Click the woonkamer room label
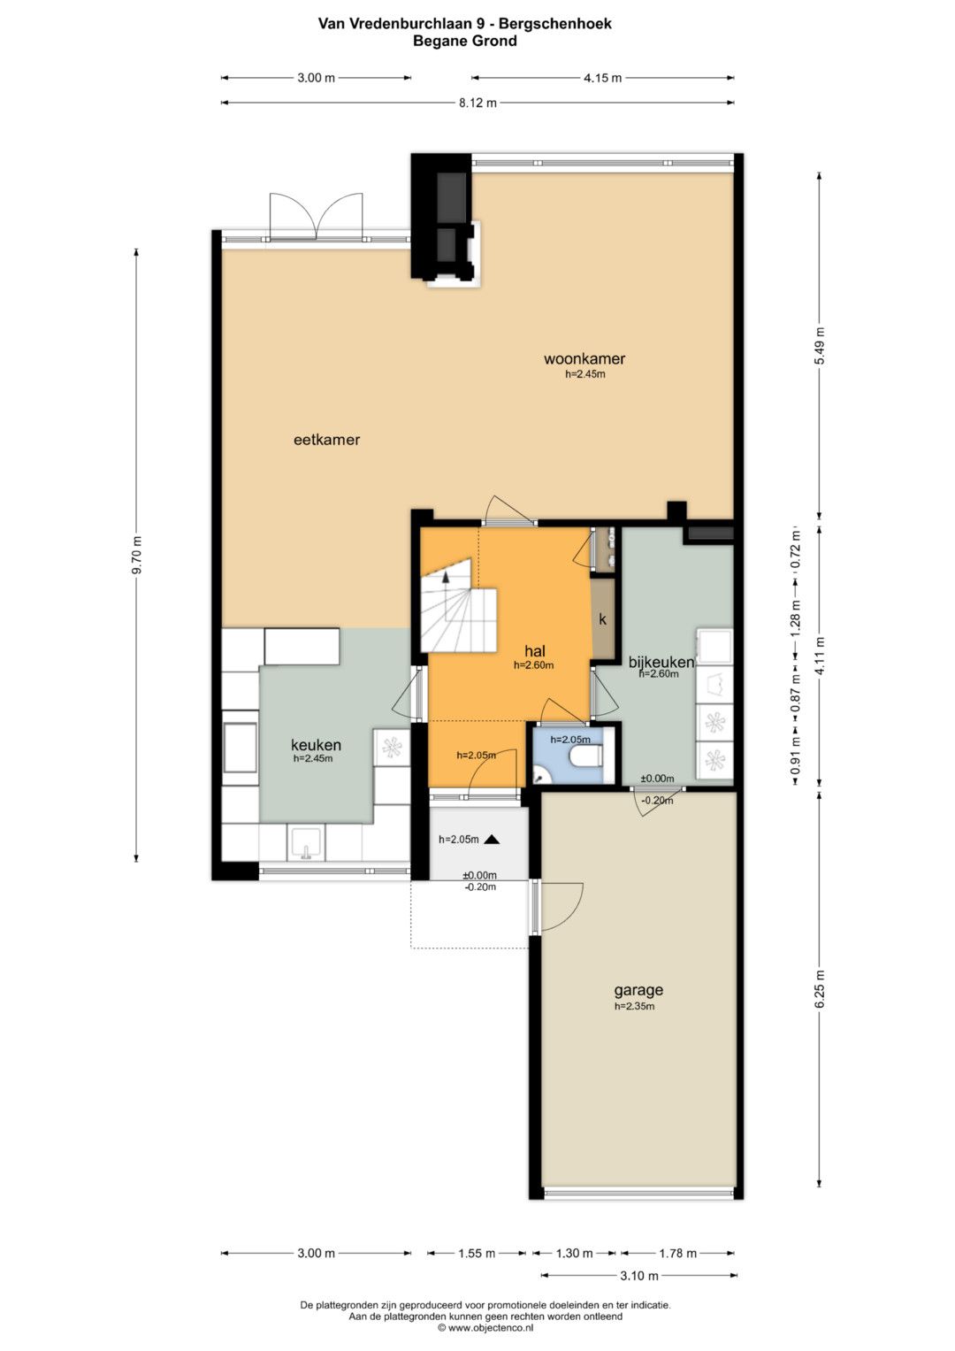pyautogui.click(x=584, y=359)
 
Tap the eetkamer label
pyautogui.click(x=326, y=440)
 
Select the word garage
pyautogui.click(x=638, y=990)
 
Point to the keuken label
pyautogui.click(x=316, y=745)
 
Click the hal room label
pyautogui.click(x=535, y=651)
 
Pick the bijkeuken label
pyautogui.click(x=661, y=663)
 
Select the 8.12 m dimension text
pyautogui.click(x=478, y=104)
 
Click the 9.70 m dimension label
pyautogui.click(x=137, y=555)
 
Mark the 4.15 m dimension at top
pyautogui.click(x=602, y=78)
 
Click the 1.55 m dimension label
pyautogui.click(x=477, y=1254)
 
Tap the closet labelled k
pyautogui.click(x=602, y=618)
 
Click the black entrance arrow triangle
pyautogui.click(x=492, y=839)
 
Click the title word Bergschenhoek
pyautogui.click(x=555, y=24)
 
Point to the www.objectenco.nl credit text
pyautogui.click(x=485, y=1327)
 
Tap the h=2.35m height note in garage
pyautogui.click(x=634, y=1006)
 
